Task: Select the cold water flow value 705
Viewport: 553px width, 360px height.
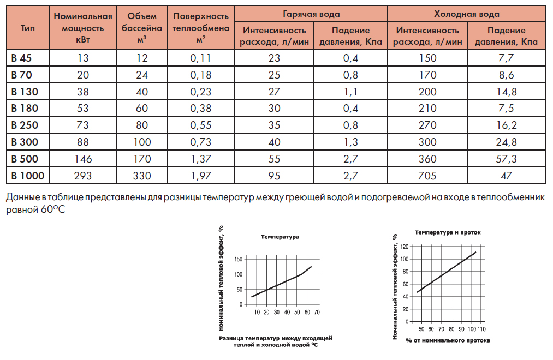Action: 427,176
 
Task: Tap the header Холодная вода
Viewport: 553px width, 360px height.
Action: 466,14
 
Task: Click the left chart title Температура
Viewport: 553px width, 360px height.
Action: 280,237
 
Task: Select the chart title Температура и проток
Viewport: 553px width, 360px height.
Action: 448,232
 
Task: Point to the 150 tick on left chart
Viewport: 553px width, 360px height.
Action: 238,259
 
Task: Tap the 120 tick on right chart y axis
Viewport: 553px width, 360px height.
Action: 403,247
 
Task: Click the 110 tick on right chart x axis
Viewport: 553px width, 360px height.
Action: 482,329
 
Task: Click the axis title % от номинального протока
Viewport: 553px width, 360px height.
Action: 448,340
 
